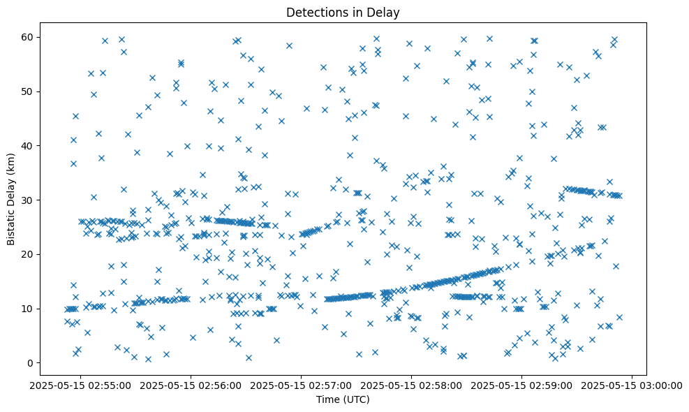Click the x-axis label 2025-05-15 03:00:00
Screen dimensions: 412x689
click(632, 385)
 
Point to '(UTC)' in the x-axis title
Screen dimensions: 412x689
click(358, 400)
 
